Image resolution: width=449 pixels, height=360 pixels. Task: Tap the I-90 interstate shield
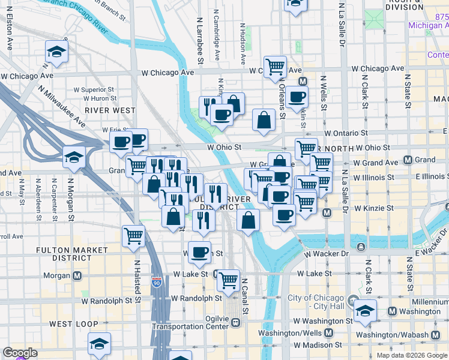point(157,282)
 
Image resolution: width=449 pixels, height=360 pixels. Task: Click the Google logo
point(20,353)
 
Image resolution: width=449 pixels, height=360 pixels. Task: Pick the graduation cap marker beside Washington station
point(364,311)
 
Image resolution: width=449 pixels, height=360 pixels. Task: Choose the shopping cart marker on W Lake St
point(228,279)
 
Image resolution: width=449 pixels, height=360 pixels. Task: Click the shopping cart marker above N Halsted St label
point(133,235)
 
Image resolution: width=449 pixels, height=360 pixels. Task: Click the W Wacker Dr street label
point(326,254)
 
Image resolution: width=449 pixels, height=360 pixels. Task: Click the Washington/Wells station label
point(291,332)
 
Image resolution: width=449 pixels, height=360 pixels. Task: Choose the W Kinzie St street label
point(373,209)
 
